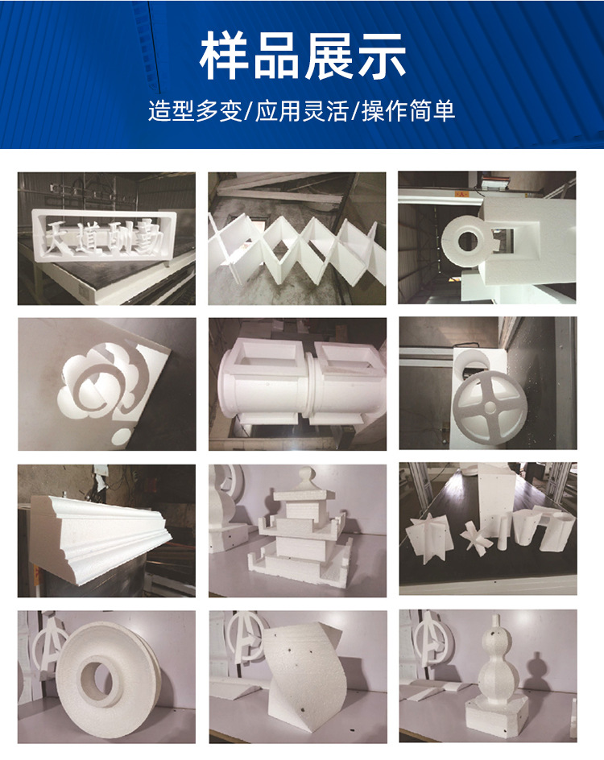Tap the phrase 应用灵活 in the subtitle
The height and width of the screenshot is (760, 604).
pyautogui.click(x=302, y=110)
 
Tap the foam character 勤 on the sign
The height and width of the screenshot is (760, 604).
pyautogui.click(x=147, y=237)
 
